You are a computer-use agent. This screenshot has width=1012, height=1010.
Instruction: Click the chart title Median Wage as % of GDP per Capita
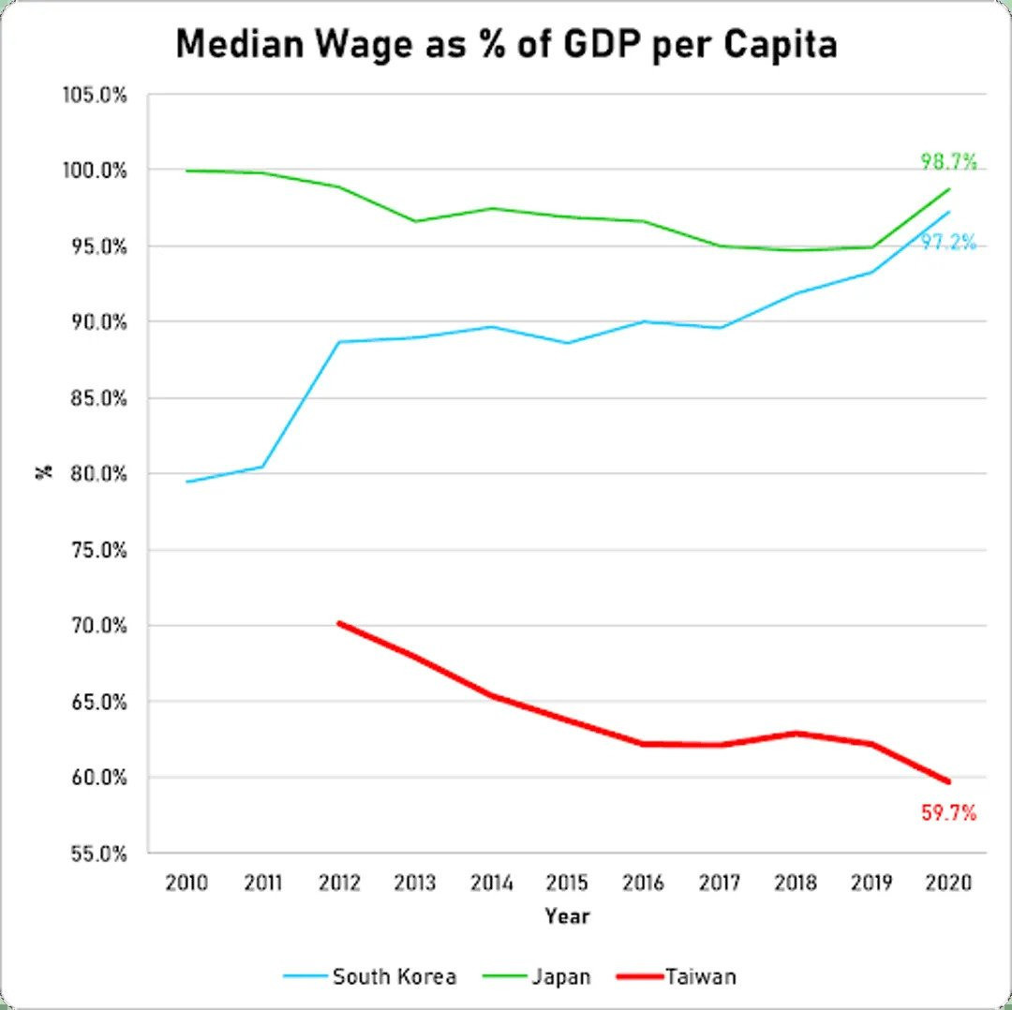click(x=506, y=44)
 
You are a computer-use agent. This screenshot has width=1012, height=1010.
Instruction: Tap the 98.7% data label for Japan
click(x=948, y=162)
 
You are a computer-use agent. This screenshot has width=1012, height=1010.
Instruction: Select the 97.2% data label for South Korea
click(x=948, y=243)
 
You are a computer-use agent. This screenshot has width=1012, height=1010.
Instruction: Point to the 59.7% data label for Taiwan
click(x=948, y=812)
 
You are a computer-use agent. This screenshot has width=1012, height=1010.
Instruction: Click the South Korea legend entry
click(x=394, y=976)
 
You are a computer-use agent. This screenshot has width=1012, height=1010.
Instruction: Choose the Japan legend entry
click(x=560, y=976)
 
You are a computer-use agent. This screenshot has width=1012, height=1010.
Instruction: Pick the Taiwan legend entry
click(x=700, y=976)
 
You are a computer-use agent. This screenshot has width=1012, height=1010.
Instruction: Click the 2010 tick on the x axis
click(x=186, y=883)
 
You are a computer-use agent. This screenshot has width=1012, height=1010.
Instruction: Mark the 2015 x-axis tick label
click(x=568, y=883)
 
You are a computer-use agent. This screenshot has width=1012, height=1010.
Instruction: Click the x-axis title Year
click(x=568, y=915)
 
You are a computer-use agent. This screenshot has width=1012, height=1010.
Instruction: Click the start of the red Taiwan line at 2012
click(x=339, y=623)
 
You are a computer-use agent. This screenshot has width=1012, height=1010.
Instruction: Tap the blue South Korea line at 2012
click(x=339, y=342)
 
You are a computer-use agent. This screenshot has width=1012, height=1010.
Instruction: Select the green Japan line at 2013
click(x=415, y=221)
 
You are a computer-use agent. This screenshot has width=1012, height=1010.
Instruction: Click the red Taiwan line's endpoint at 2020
click(x=949, y=781)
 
